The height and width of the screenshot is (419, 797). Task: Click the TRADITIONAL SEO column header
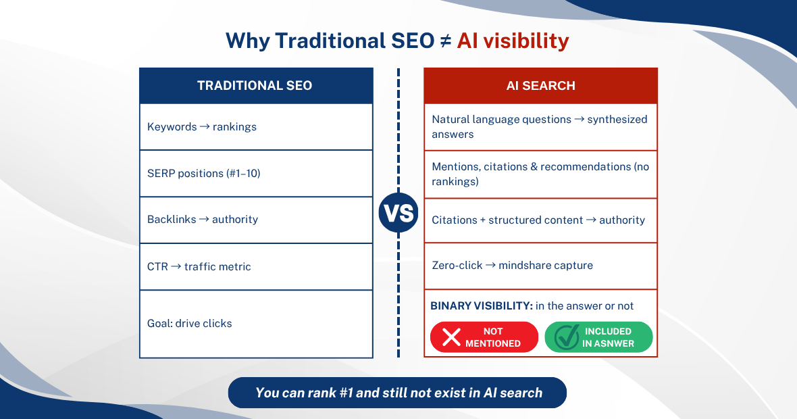pos(255,86)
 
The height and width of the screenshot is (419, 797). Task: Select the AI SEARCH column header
pos(540,86)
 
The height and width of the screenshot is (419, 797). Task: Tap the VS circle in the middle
pos(398,214)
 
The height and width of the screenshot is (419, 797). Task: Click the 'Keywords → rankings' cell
pos(255,126)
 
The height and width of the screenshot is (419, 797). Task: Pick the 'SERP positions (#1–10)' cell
pos(255,174)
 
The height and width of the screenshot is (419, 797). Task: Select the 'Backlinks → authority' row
pos(255,220)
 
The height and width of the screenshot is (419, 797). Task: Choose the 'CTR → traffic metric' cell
pos(255,267)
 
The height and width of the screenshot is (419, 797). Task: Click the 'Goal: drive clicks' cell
pos(255,324)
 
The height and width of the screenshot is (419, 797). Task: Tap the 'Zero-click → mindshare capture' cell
pos(540,266)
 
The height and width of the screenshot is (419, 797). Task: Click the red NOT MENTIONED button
pos(484,337)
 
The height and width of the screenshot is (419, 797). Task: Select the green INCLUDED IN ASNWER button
pos(598,337)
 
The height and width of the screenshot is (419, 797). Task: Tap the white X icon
pos(451,337)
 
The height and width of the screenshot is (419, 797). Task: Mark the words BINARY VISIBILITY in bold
pos(481,306)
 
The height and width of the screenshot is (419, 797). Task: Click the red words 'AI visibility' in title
pos(513,41)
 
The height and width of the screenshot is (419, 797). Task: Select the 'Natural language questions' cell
pos(540,126)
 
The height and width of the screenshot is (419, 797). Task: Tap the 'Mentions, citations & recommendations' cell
pos(540,174)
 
